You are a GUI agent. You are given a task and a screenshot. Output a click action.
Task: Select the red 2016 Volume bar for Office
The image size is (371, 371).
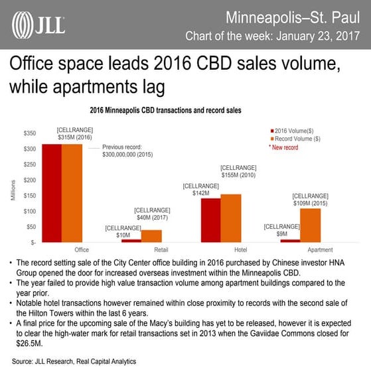[52, 192]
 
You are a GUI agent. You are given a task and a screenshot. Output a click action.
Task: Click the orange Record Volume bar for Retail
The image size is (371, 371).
[151, 236]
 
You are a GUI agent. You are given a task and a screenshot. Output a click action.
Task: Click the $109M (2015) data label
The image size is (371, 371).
[311, 199]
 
